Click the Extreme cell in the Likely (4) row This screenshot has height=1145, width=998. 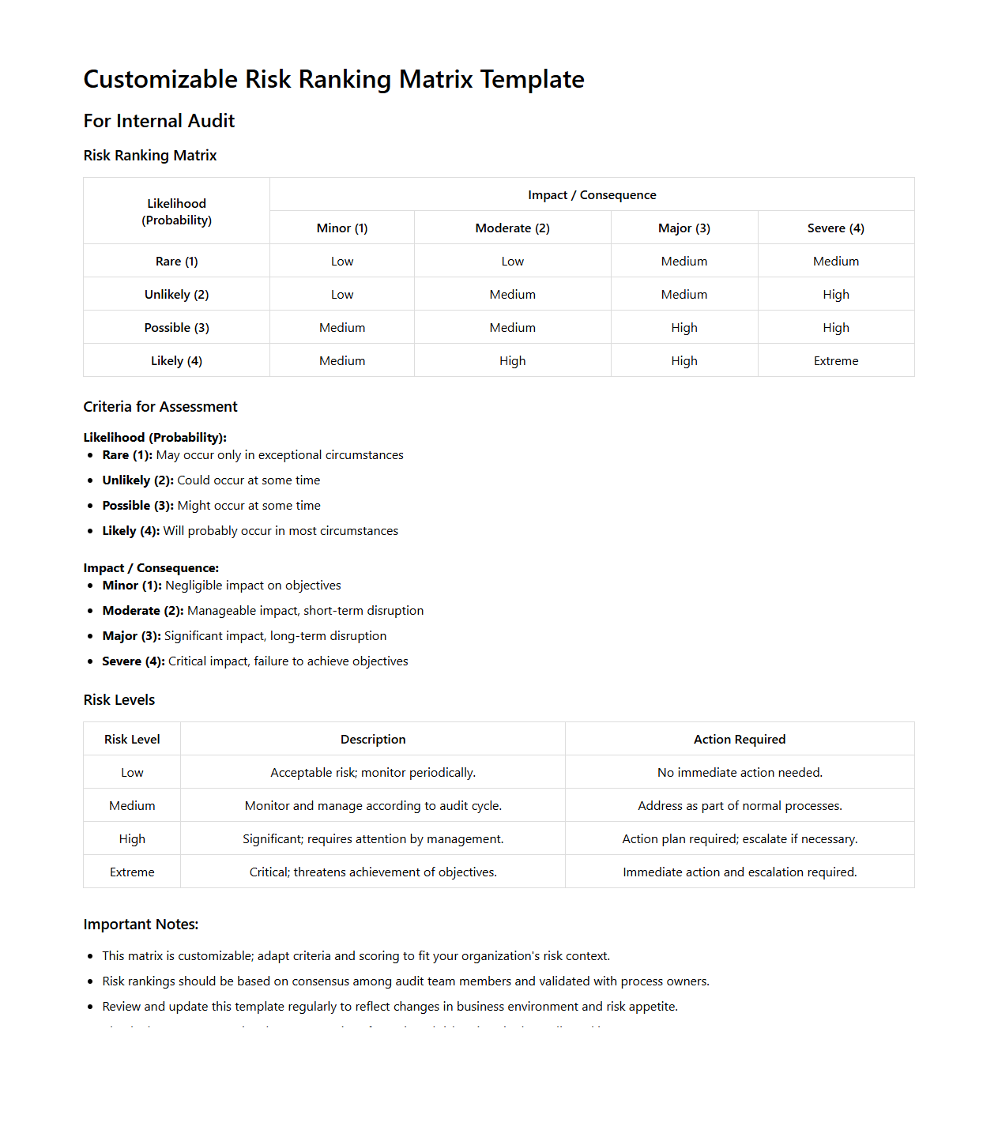point(835,361)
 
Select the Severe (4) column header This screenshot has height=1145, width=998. point(835,228)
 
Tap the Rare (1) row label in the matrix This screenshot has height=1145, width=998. point(176,262)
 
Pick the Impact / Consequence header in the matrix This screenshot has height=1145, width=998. point(592,195)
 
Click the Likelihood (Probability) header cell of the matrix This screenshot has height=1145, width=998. point(176,212)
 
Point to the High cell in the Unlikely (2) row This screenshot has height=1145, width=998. point(835,295)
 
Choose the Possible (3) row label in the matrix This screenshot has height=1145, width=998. point(176,328)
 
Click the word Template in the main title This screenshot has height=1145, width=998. point(532,80)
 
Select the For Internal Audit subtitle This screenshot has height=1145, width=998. point(159,121)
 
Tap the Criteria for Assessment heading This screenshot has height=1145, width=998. point(160,407)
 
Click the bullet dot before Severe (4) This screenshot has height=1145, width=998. point(91,661)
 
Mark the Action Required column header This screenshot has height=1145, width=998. point(739,740)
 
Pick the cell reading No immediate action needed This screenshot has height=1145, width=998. point(739,773)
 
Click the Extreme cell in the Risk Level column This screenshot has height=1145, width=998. point(132,872)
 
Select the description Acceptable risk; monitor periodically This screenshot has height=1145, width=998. point(373,773)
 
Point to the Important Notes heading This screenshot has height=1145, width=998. point(141,925)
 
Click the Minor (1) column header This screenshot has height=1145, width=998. point(341,228)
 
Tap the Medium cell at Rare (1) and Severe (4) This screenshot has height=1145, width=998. point(835,262)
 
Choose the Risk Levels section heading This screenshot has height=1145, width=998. point(119,700)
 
